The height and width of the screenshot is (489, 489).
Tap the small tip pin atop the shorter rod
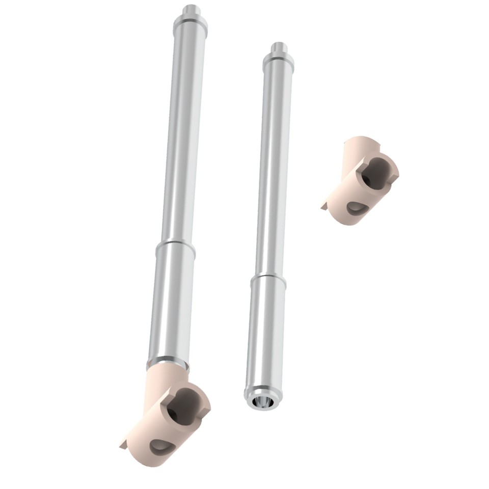point(279,48)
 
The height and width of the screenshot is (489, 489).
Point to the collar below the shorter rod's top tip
point(279,61)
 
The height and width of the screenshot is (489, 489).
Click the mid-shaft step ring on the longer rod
point(176,248)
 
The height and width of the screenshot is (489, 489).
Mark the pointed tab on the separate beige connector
point(324,206)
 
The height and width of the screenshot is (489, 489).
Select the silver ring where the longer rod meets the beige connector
point(168,362)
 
